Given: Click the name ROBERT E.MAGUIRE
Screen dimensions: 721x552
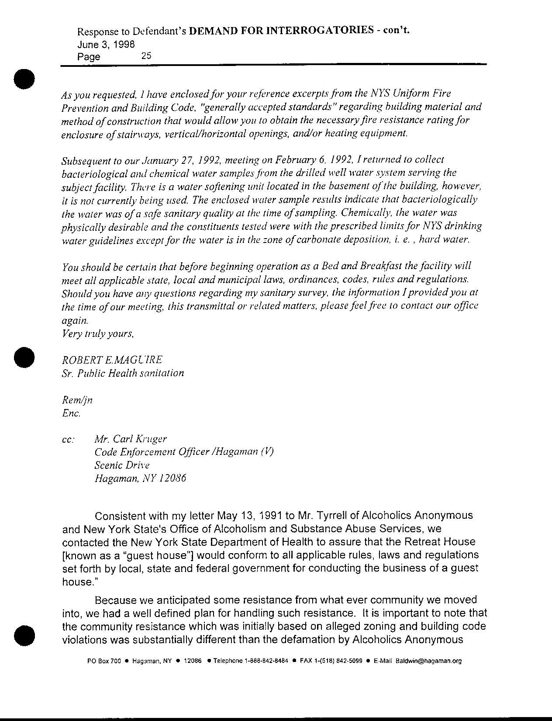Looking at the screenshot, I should pos(112,360).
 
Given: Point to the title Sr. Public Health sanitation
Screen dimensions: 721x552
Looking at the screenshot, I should pos(123,373).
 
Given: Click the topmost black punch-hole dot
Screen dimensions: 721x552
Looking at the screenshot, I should pos(24,79).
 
